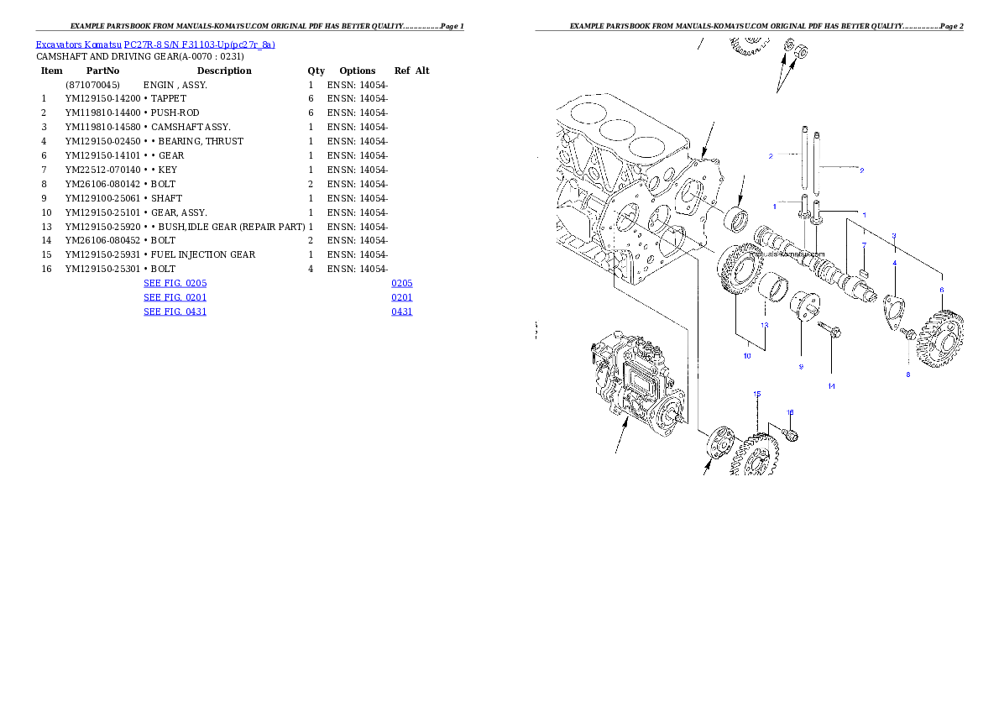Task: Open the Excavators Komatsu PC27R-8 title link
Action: (155, 45)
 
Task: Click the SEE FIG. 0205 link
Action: (175, 283)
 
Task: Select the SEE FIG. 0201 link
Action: (175, 297)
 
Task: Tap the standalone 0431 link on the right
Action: (402, 312)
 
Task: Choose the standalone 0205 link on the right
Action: (402, 283)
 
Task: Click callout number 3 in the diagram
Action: (894, 236)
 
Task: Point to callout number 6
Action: (941, 290)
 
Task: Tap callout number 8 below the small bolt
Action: (907, 374)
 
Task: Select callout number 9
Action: (801, 366)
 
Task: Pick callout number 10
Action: (747, 355)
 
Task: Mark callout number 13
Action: (765, 324)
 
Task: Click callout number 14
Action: (831, 386)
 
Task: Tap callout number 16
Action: (789, 411)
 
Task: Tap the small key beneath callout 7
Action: (865, 272)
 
